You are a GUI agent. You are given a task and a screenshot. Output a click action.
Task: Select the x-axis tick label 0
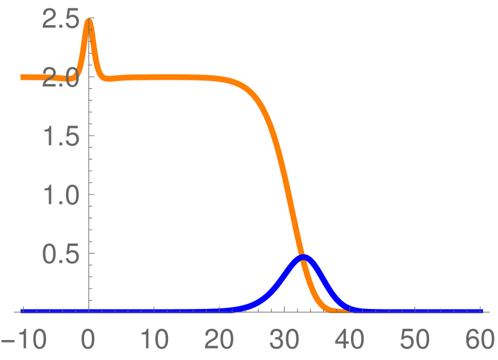(89, 341)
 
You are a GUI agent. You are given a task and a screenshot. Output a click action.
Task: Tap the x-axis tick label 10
(154, 341)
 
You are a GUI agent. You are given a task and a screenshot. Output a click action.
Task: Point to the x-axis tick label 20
(220, 341)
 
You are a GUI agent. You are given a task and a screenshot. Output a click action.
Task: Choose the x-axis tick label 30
(285, 341)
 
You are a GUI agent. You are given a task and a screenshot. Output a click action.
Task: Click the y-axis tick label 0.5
(61, 254)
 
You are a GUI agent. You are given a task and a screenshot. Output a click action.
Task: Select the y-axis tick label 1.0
(61, 195)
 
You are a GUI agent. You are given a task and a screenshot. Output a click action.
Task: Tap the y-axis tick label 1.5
(61, 136)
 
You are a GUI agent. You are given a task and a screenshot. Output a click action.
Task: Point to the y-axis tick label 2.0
(61, 78)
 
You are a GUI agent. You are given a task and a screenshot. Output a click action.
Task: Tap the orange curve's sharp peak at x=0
(89, 20)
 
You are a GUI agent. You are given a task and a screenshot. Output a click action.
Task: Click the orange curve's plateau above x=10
(154, 77)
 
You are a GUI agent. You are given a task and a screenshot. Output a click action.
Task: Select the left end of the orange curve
(22, 77)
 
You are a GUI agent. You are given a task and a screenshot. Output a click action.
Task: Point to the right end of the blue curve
(481, 311)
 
